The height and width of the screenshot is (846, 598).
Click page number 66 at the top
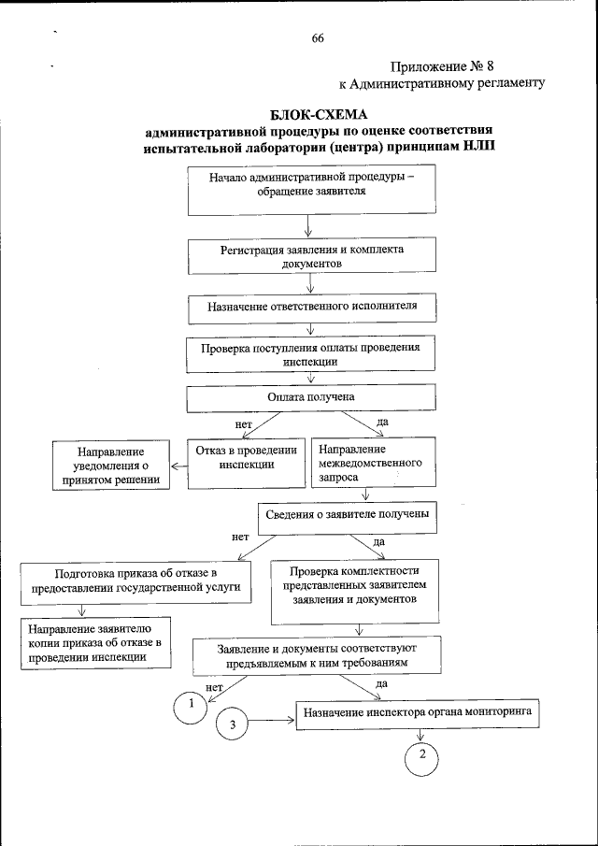tap(318, 38)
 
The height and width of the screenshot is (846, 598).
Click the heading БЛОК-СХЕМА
tap(317, 114)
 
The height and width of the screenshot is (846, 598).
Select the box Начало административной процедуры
tap(311, 191)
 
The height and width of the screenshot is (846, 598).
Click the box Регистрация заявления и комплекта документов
tap(311, 257)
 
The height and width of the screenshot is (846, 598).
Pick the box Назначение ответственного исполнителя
tap(311, 306)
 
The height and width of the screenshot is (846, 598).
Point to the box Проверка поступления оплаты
tap(311, 355)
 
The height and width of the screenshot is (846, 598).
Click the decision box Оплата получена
tap(311, 397)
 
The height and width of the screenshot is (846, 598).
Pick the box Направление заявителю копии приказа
tap(96, 643)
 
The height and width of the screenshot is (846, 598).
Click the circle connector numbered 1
tap(192, 705)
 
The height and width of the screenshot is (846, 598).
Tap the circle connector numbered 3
tap(234, 723)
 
